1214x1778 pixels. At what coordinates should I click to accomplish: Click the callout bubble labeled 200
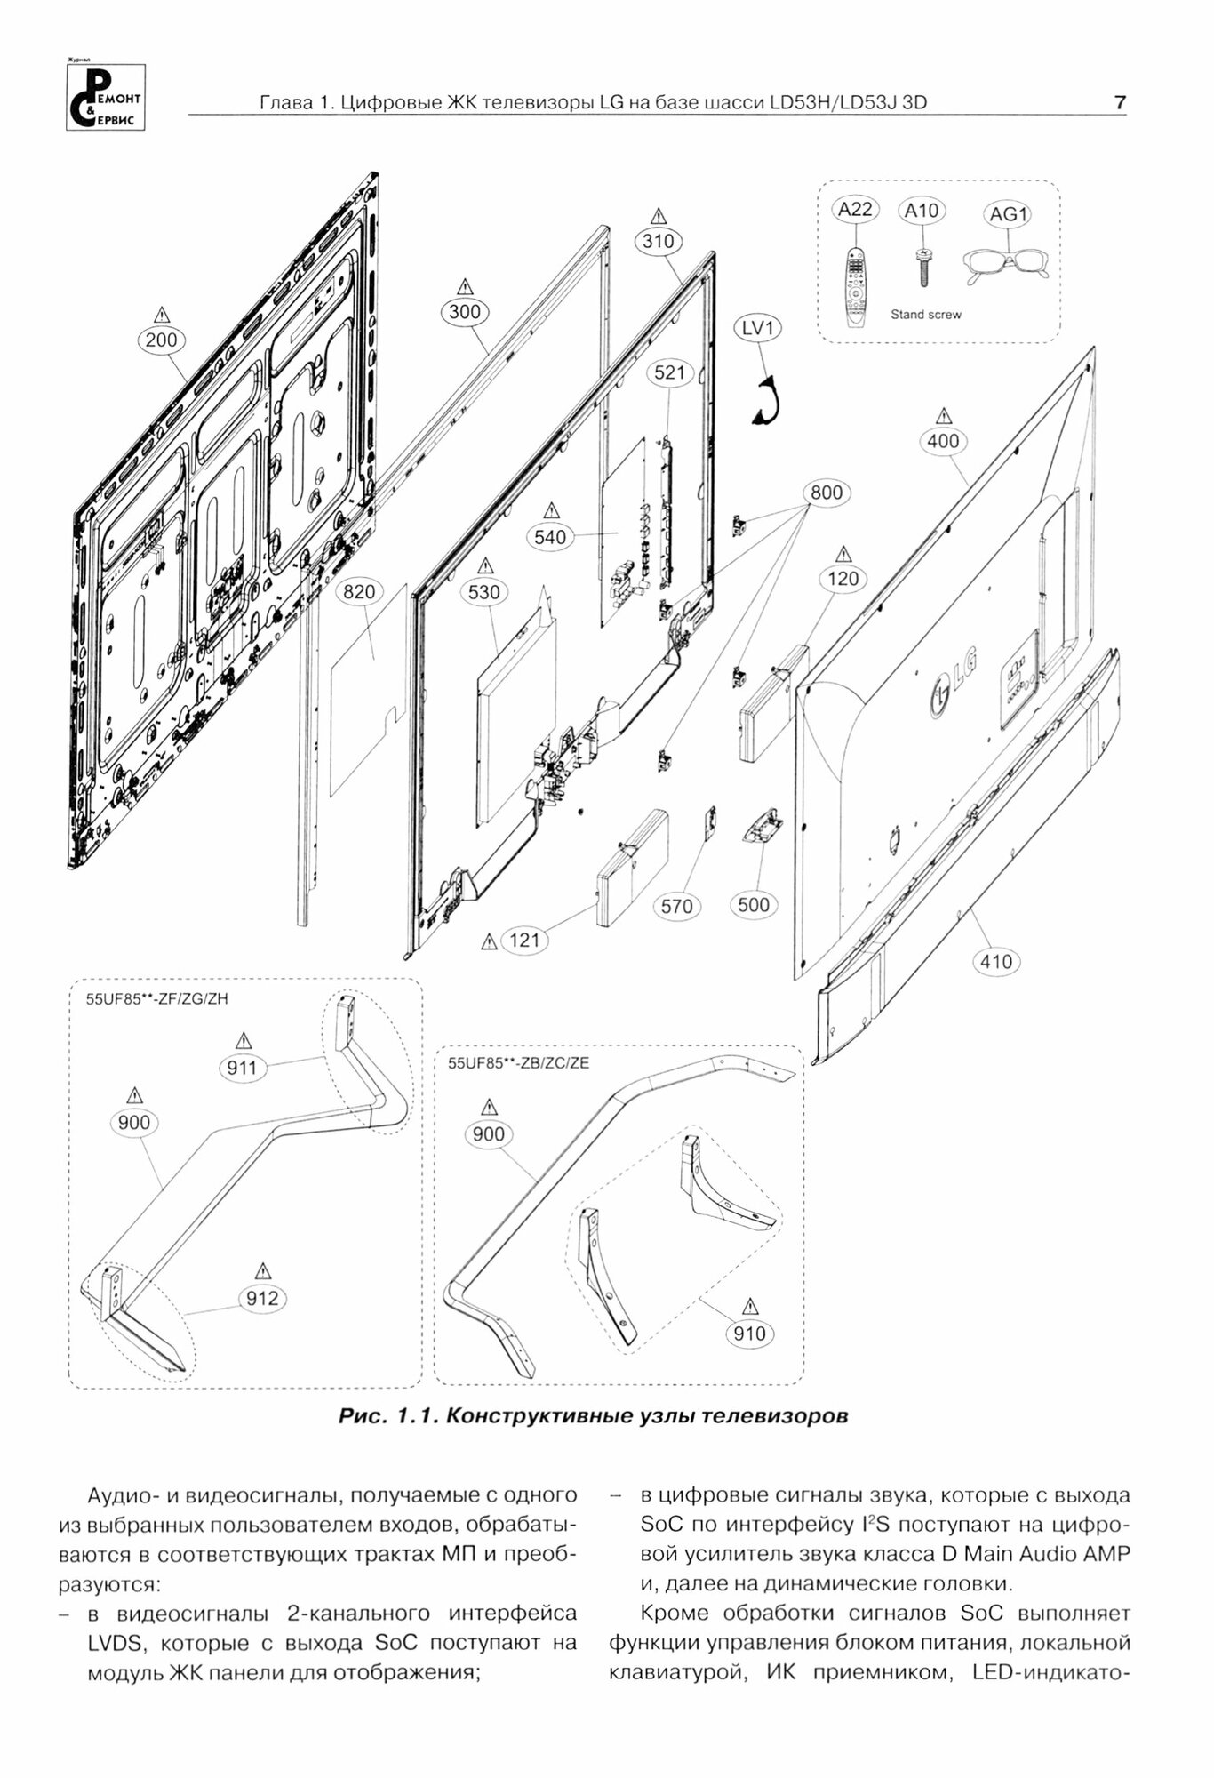[162, 339]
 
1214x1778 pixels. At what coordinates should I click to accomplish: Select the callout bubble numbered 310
[658, 241]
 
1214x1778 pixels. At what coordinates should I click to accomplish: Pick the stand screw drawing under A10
[923, 268]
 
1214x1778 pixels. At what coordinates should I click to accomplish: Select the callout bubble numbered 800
[827, 493]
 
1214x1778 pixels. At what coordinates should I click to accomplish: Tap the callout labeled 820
[359, 592]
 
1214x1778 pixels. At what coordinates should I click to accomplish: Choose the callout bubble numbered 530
[484, 592]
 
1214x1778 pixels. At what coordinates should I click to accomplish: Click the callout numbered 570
[677, 906]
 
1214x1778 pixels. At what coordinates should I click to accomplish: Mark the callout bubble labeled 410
[996, 961]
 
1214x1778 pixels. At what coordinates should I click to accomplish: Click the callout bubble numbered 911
[242, 1068]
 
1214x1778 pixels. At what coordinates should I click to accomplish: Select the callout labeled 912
[262, 1298]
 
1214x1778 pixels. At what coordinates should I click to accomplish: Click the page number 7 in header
[1120, 103]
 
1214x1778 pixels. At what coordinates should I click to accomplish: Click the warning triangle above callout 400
[944, 416]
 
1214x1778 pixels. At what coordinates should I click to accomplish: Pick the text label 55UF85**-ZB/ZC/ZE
[518, 1062]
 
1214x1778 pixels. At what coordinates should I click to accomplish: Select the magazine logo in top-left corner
[105, 97]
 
